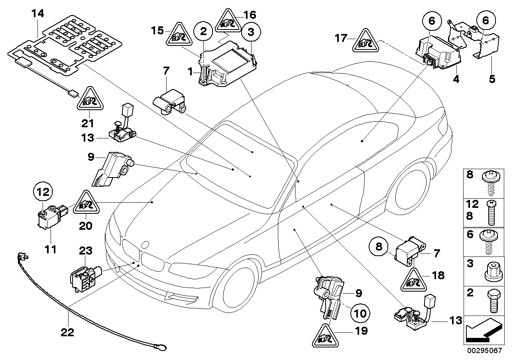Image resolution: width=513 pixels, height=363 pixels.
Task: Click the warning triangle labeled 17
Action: [x=364, y=42]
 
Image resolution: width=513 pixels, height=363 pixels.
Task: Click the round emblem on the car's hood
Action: [x=146, y=245]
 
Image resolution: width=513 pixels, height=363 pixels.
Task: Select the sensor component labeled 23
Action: [x=85, y=276]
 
